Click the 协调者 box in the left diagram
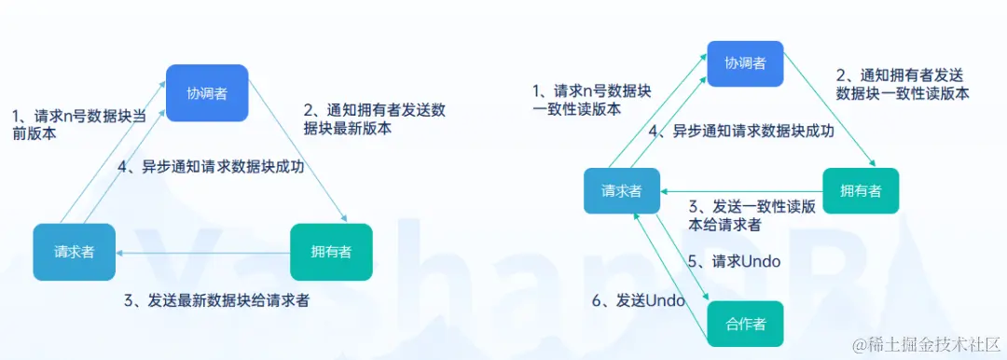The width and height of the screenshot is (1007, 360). point(207,93)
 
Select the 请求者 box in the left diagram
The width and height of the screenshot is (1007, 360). point(74,252)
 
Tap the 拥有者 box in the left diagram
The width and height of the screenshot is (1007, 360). point(331,252)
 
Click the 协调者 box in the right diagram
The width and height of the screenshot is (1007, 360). point(746,63)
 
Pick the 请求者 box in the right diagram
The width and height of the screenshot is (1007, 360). point(622,190)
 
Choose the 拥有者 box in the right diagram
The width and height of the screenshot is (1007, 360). point(861,190)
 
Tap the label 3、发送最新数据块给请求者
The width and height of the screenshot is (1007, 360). point(216,300)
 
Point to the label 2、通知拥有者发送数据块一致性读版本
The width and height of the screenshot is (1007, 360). point(903,84)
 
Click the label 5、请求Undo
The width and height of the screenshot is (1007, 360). point(734,261)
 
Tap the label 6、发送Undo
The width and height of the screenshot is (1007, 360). point(639,300)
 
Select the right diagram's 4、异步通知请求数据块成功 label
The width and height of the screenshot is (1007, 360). point(740,132)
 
